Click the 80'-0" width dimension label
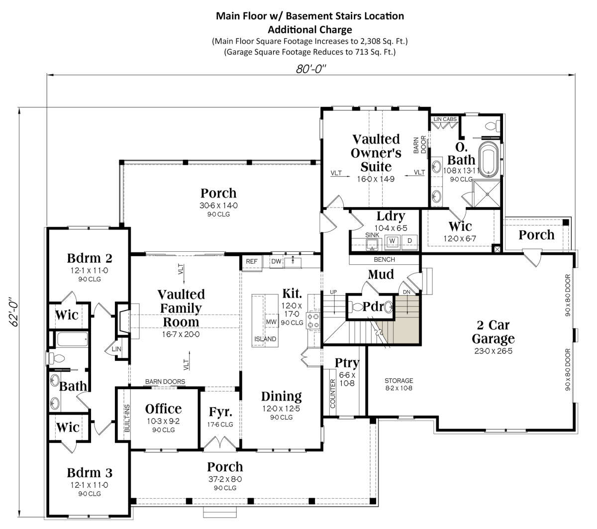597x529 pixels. click(311, 69)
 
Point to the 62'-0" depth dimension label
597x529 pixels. click(14, 312)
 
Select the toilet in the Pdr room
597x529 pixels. click(357, 307)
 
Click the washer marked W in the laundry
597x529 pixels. click(392, 241)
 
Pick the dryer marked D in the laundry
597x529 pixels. click(409, 241)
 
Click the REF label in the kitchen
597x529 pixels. click(251, 261)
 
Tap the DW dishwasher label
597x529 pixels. click(276, 261)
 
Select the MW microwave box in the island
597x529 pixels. click(271, 322)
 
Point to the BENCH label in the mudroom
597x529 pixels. click(384, 259)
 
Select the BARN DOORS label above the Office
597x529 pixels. click(165, 381)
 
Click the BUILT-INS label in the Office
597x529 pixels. click(127, 418)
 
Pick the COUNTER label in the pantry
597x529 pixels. click(333, 394)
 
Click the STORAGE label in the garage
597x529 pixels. click(398, 381)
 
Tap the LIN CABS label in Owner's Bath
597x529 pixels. click(445, 119)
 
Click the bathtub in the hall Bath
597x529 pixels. click(72, 339)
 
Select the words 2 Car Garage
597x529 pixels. click(493, 332)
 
